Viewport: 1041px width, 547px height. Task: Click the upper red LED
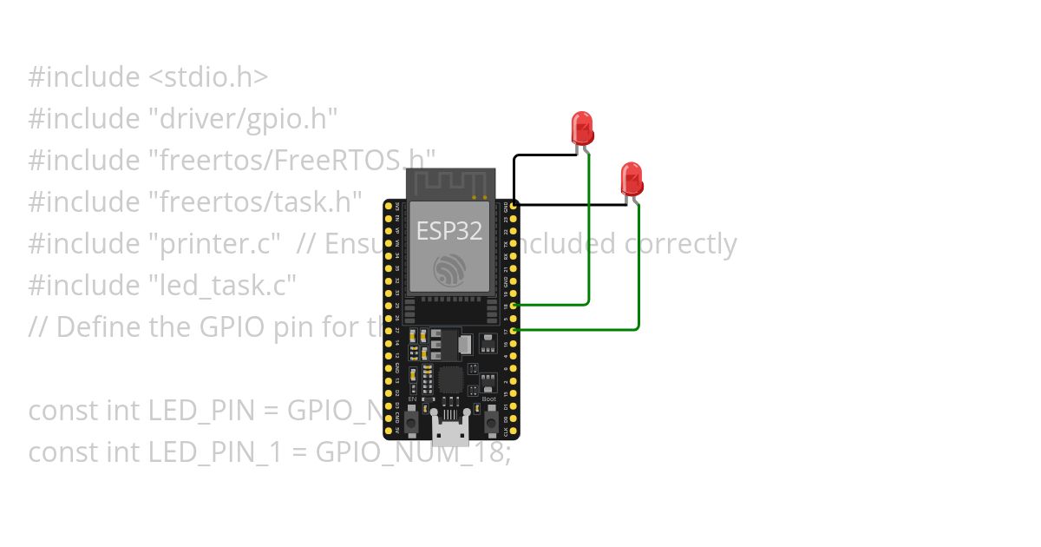coord(581,127)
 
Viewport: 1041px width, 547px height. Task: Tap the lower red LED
coord(632,178)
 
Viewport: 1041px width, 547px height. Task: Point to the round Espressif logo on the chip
coord(450,270)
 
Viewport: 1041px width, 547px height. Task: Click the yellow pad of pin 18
coord(514,306)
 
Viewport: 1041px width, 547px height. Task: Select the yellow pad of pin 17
coord(514,331)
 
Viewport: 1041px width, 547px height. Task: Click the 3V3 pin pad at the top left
coord(390,206)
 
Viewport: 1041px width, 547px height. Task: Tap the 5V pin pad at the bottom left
coord(390,431)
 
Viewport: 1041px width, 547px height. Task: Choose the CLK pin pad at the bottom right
coord(514,431)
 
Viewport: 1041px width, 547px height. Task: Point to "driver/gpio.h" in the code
coord(243,118)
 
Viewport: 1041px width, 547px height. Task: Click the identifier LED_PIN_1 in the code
coord(226,451)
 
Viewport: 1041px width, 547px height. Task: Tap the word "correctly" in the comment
coord(680,244)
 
